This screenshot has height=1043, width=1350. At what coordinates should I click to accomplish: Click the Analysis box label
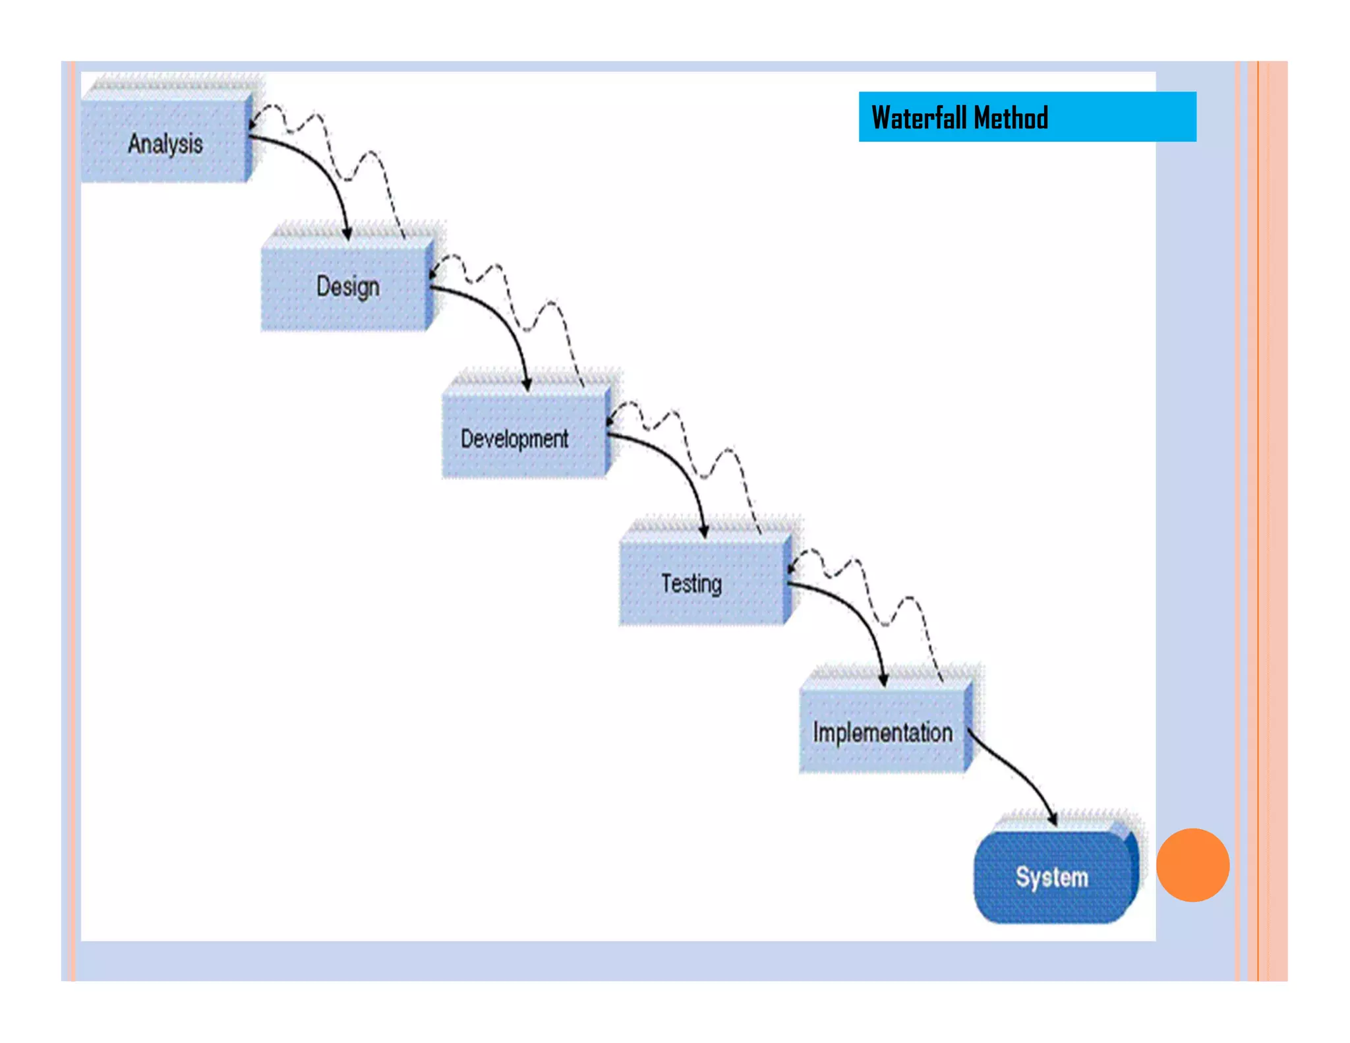click(x=165, y=144)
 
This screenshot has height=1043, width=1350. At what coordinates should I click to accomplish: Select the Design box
click(x=347, y=287)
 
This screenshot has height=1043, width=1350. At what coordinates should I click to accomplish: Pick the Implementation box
click(x=882, y=732)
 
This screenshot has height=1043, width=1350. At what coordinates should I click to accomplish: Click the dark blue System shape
click(x=1053, y=878)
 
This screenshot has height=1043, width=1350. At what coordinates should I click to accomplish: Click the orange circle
click(x=1192, y=865)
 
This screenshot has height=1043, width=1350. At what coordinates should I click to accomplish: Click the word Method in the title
click(x=1011, y=118)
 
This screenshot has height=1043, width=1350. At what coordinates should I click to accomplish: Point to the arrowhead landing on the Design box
click(x=347, y=234)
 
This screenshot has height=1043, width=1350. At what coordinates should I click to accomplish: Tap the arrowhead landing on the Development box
click(x=527, y=385)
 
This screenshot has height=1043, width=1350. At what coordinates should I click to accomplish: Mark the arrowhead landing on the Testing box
click(x=704, y=532)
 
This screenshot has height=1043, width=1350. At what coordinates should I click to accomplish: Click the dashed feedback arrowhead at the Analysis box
click(x=252, y=123)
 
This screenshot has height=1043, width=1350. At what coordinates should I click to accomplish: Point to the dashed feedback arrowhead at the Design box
click(x=432, y=273)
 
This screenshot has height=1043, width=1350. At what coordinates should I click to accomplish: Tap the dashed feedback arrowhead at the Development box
click(x=610, y=421)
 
